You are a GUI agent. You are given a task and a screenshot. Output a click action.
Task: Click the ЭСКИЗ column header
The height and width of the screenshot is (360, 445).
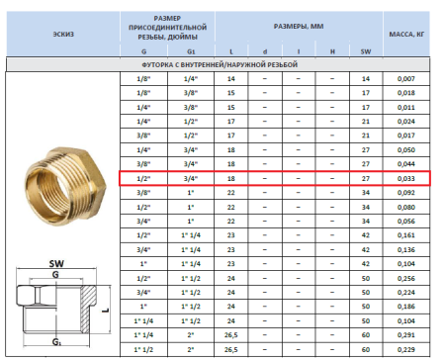point(62,33)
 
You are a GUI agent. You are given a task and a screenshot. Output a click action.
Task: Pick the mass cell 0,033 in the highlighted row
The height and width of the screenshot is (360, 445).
point(406,179)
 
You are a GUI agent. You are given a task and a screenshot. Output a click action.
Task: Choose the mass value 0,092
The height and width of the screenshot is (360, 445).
point(406,194)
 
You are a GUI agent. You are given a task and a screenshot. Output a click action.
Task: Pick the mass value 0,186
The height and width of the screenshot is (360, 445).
point(406,307)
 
